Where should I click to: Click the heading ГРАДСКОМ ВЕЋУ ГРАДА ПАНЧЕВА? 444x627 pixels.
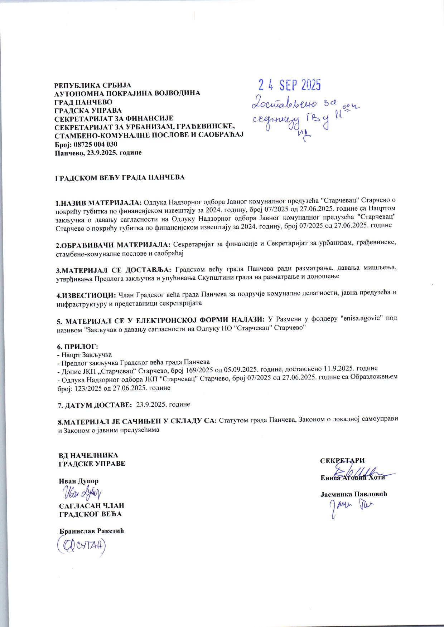pos(119,177)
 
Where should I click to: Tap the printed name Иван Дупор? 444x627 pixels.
pos(78,481)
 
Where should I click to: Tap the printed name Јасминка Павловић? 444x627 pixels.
pos(353,494)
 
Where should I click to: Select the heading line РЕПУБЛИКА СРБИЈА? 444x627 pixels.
pos(92,85)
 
